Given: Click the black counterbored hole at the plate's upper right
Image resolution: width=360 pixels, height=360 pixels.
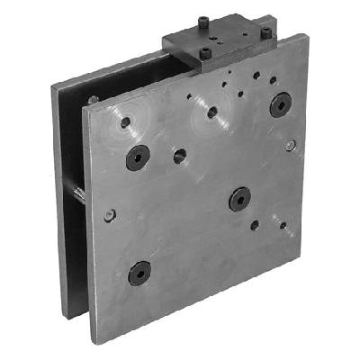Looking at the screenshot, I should point(280,104).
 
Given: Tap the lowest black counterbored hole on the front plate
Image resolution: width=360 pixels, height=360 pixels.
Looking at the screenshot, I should point(139,272).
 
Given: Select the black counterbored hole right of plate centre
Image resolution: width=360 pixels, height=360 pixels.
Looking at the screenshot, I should point(239,198).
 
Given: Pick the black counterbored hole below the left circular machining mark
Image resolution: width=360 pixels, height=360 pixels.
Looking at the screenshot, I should point(138,158).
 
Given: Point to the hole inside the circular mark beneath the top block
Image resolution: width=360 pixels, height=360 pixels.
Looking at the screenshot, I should point(212,112).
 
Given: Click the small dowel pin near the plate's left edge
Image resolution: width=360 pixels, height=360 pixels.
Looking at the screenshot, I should point(109,215).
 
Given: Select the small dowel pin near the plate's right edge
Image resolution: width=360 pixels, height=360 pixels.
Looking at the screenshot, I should point(290,146).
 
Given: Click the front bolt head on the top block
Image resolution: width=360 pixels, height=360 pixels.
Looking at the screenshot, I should point(206,54).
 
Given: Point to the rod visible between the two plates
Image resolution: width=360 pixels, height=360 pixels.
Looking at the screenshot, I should point(79,193).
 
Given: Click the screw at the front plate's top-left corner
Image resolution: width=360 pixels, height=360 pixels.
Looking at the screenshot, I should point(94,100).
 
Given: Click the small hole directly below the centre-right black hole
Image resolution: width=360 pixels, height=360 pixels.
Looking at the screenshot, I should point(255,225).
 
